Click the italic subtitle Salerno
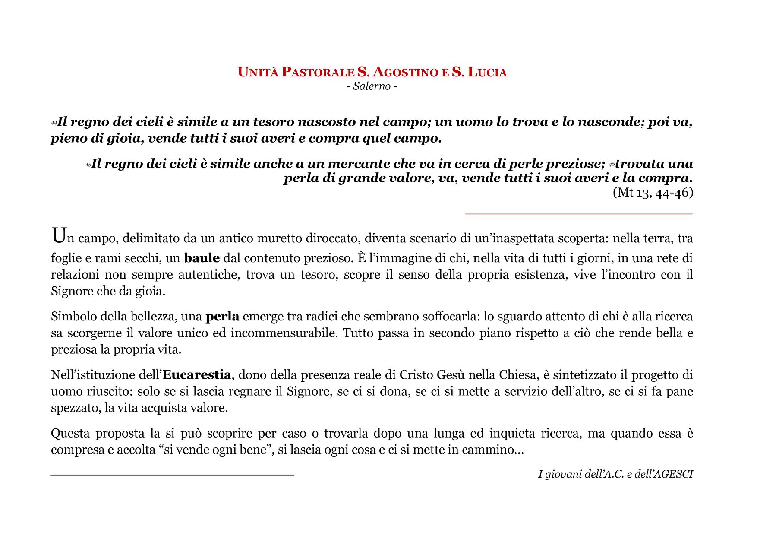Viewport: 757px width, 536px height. [372, 86]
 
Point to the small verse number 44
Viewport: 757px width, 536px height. [54, 124]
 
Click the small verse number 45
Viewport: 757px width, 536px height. [88, 165]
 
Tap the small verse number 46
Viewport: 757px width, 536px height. [612, 165]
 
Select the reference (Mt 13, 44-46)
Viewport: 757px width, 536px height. [653, 193]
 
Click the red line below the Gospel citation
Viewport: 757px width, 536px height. [578, 214]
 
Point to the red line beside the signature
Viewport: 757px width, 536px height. [172, 475]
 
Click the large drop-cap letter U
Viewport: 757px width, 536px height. [59, 236]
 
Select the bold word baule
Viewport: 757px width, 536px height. [202, 258]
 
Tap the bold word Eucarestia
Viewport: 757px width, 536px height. [196, 374]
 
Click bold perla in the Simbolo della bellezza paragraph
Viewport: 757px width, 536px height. [222, 317]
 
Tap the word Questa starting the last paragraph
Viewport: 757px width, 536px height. [70, 433]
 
